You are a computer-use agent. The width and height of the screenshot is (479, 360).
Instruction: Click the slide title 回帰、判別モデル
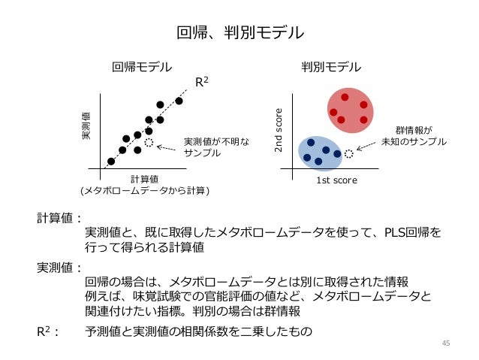[x=239, y=32]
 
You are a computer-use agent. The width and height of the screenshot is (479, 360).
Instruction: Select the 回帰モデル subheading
[x=142, y=67]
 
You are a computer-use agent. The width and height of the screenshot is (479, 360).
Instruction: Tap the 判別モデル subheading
[x=331, y=67]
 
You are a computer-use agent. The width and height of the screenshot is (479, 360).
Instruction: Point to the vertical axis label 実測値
[x=86, y=126]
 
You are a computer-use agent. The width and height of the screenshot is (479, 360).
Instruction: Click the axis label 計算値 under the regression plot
[x=144, y=179]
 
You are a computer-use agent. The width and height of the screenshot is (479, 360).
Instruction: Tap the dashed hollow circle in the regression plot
[x=149, y=143]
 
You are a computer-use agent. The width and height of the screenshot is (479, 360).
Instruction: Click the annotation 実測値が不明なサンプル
[x=207, y=147]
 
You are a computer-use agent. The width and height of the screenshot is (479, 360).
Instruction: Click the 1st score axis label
[x=336, y=180]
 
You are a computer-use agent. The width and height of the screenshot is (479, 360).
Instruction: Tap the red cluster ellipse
[x=349, y=110]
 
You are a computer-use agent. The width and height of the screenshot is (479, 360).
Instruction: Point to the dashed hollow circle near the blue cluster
[x=349, y=154]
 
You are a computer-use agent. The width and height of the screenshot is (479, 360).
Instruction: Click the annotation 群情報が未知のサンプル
[x=414, y=135]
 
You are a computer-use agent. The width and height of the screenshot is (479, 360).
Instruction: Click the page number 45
[x=446, y=343]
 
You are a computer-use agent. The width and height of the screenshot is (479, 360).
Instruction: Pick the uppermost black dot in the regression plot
[x=179, y=101]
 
